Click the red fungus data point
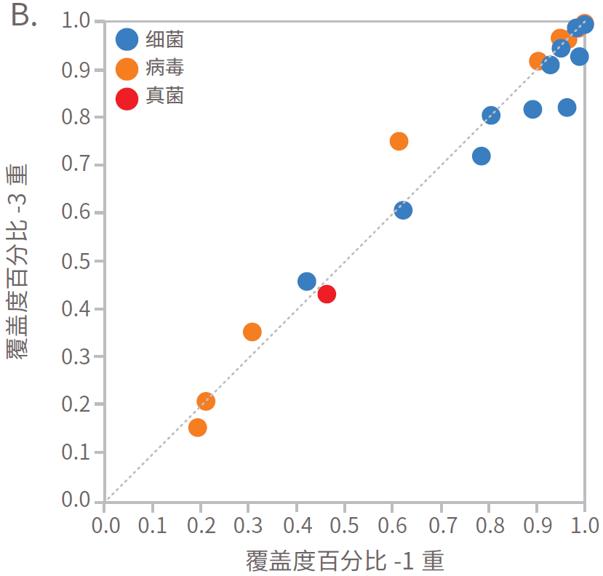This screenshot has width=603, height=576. coord(327,295)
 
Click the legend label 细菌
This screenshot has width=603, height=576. coord(164,39)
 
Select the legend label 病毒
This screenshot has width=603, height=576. coord(164,68)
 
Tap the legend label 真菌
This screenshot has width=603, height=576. coord(164,97)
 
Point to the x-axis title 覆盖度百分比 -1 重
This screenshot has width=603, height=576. coord(345,561)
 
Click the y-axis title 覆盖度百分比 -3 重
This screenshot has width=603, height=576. coord(17,260)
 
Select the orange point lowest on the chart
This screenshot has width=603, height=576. coord(197,428)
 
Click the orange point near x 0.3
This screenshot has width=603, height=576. coord(252,332)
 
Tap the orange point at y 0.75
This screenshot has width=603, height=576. coord(399,141)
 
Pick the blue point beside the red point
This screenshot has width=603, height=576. coord(307,281)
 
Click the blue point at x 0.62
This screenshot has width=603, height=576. coord(403,210)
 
